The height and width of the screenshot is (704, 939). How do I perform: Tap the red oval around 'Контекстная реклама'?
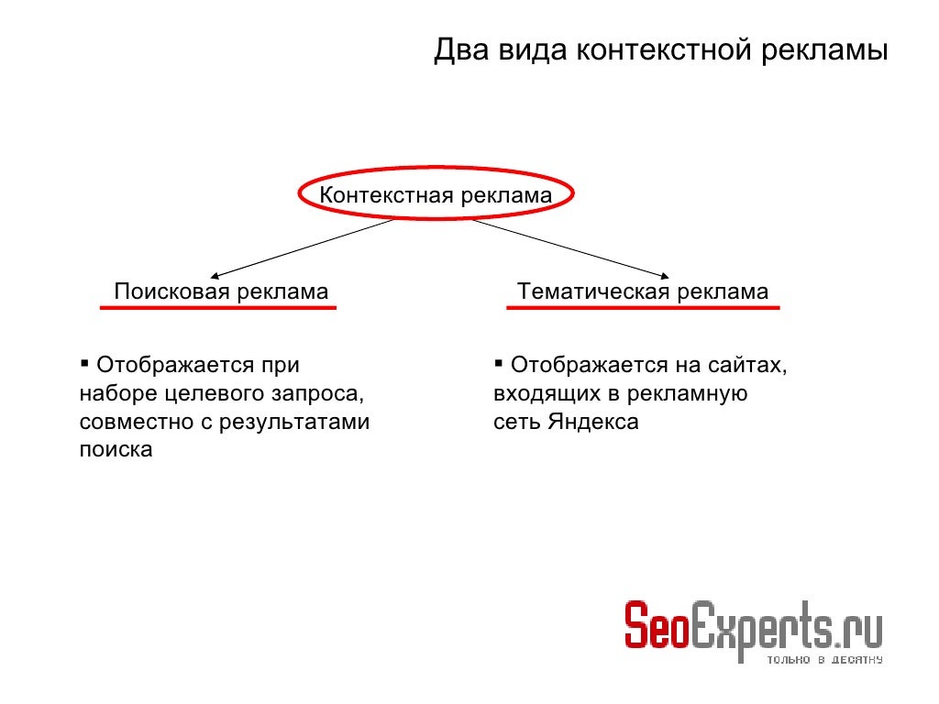tap(303, 193)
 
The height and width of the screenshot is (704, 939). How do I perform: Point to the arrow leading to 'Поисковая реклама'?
tap(303, 247)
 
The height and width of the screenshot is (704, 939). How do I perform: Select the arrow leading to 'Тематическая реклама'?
tap(569, 247)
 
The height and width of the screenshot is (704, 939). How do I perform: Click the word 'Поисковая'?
tap(172, 292)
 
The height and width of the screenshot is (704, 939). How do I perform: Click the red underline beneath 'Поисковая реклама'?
tap(218, 308)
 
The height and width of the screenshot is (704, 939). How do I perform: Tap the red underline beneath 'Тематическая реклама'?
tap(643, 307)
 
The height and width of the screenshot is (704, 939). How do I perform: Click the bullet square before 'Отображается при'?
tap(84, 361)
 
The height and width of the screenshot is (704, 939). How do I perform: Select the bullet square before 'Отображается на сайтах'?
tap(498, 361)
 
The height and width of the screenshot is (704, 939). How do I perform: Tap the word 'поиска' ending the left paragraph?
tap(116, 451)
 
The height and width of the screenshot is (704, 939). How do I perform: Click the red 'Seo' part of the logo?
tap(656, 627)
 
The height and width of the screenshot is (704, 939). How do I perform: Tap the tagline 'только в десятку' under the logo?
tap(823, 660)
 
